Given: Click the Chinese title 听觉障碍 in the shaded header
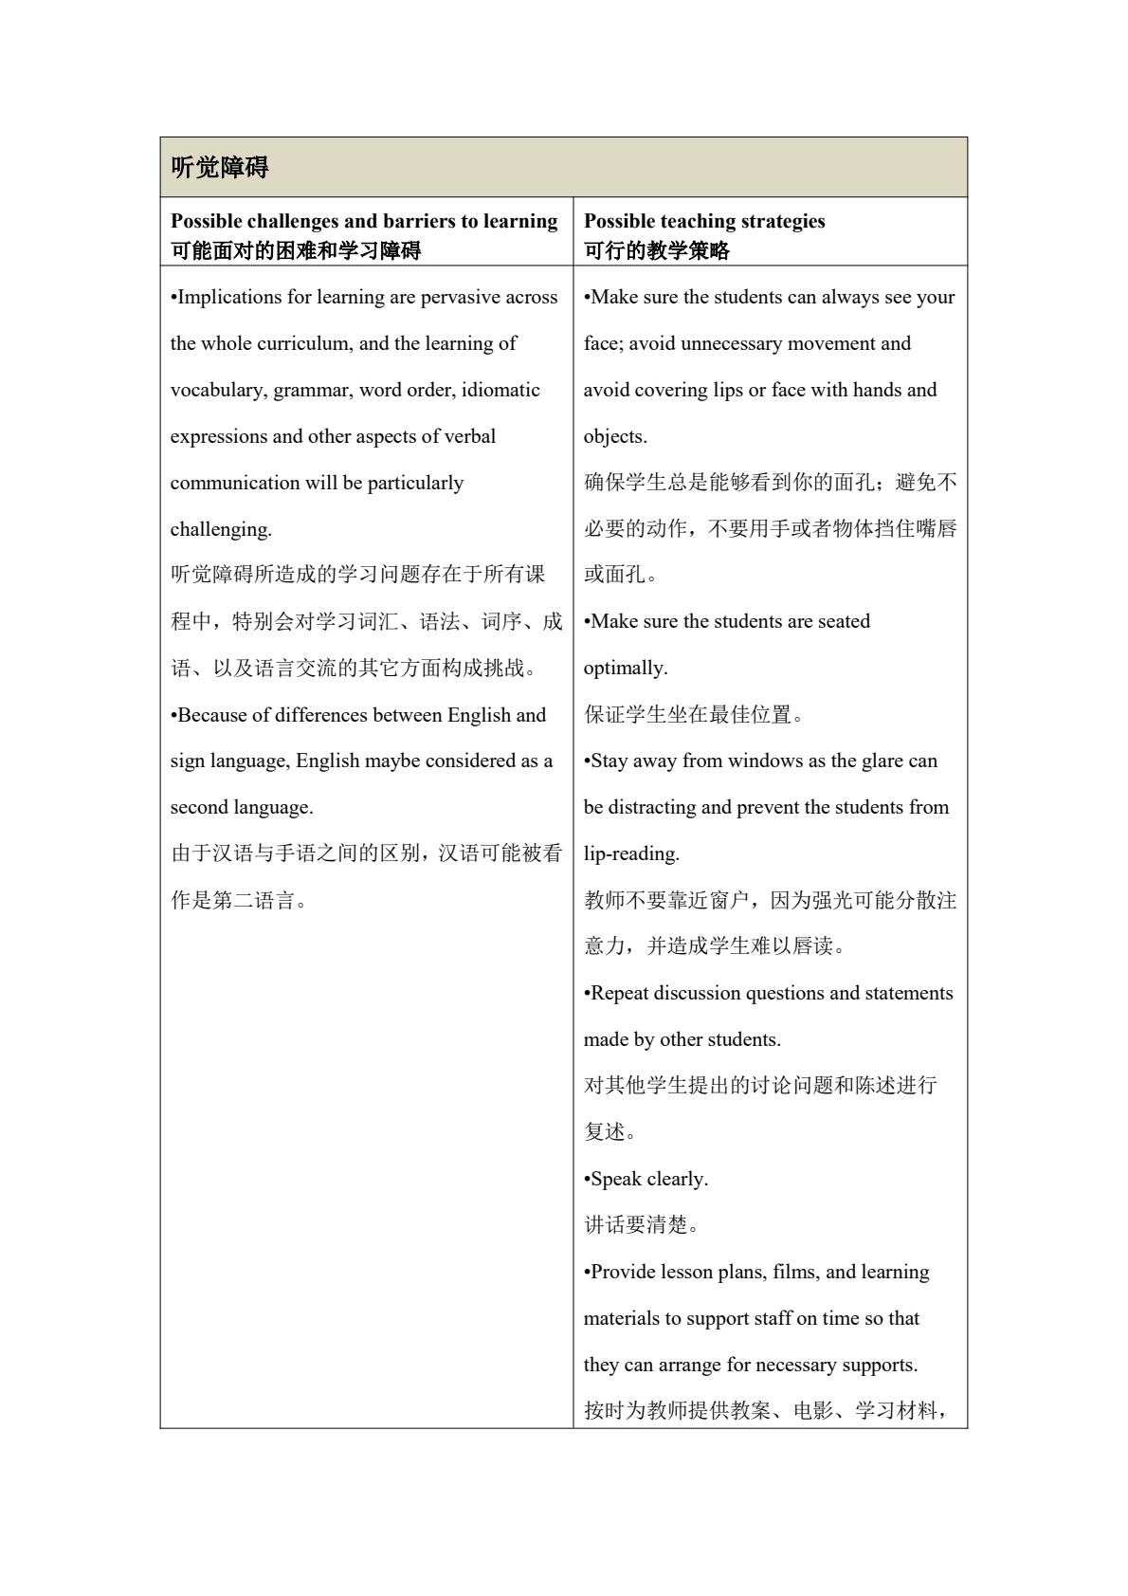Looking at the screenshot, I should (220, 168).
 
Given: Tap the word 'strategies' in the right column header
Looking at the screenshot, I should (778, 221).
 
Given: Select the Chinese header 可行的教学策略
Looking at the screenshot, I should (657, 250).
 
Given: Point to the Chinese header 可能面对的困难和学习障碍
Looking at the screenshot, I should (296, 250).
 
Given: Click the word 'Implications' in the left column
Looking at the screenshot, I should (230, 297).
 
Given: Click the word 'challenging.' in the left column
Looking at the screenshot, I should (221, 529).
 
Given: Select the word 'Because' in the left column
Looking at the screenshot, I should (210, 715).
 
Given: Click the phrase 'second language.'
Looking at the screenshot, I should (242, 808).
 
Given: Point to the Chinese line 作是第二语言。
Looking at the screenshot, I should (241, 901).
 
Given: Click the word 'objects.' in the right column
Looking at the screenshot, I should (615, 436).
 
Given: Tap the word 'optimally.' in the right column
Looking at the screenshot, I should (626, 668).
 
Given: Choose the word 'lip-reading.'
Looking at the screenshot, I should (631, 853).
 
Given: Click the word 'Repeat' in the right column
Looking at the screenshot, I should (619, 993).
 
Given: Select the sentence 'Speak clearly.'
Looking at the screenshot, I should (647, 1179).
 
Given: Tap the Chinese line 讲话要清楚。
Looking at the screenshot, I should (643, 1225).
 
